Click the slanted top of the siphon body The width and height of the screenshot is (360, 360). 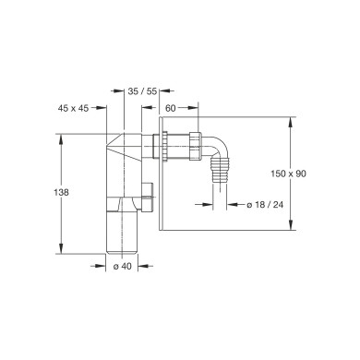(124, 147)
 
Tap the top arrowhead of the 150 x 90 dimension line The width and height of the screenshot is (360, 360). (293, 120)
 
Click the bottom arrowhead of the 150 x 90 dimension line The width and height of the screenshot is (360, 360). (293, 226)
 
